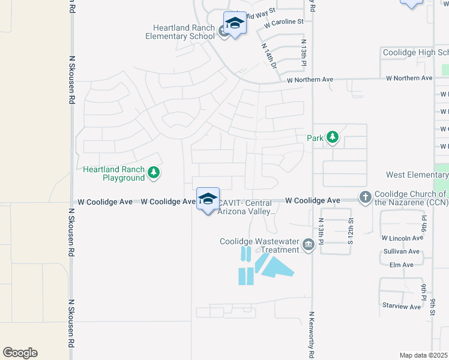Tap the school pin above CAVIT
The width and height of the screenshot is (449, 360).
pyautogui.click(x=208, y=200)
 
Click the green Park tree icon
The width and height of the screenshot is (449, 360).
pyautogui.click(x=332, y=137)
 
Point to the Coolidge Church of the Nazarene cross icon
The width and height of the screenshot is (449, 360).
pyautogui.click(x=365, y=197)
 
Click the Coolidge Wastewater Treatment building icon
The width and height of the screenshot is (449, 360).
pyautogui.click(x=308, y=244)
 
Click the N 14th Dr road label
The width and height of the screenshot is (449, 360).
pyautogui.click(x=268, y=55)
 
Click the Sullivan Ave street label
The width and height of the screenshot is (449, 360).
pyautogui.click(x=402, y=251)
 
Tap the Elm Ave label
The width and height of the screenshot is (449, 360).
pyautogui.click(x=402, y=265)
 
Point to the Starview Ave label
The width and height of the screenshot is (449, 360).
pyautogui.click(x=402, y=306)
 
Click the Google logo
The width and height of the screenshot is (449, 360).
pyautogui.click(x=20, y=353)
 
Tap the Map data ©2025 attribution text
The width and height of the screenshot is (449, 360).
pyautogui.click(x=423, y=355)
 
